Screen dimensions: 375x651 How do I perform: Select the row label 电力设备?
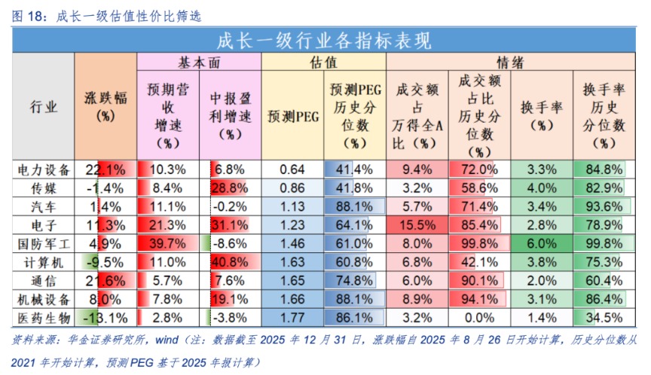(44, 169)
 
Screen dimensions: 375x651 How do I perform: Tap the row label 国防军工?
(44, 243)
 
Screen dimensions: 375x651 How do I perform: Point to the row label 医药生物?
(44, 317)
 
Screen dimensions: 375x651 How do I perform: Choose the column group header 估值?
(323, 62)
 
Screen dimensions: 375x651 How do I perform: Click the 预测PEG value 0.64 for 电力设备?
(292, 169)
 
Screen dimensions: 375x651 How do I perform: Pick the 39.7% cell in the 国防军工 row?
(167, 243)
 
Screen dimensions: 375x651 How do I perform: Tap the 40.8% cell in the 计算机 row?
(230, 262)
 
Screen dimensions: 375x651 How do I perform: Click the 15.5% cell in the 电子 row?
(417, 224)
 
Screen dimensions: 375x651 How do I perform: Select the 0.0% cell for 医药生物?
(479, 317)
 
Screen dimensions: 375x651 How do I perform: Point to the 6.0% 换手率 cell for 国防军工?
(542, 243)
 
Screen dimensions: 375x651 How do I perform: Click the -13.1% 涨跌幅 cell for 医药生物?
(105, 317)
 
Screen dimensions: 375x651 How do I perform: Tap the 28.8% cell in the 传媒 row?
(230, 187)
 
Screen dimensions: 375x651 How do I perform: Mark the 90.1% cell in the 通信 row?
(479, 280)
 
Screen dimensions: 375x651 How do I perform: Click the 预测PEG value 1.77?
(292, 317)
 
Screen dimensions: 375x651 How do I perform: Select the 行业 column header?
(44, 107)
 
